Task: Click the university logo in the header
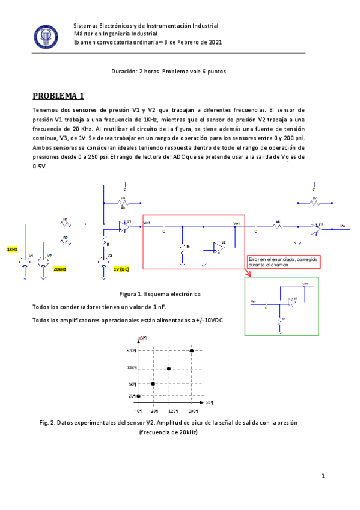pyautogui.click(x=45, y=35)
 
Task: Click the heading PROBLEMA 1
pyautogui.click(x=59, y=96)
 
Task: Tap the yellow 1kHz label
pyautogui.click(x=12, y=249)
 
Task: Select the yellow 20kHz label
pyautogui.click(x=59, y=269)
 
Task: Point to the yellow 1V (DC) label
pyautogui.click(x=121, y=269)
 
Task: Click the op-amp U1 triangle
pyautogui.click(x=125, y=227)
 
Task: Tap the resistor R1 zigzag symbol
pyautogui.click(x=66, y=223)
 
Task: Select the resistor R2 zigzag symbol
pyautogui.click(x=66, y=242)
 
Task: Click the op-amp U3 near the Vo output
pyautogui.click(x=318, y=227)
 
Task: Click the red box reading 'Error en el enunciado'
pyautogui.click(x=283, y=262)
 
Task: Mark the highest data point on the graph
pyautogui.click(x=192, y=351)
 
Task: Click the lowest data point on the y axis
pyautogui.click(x=139, y=395)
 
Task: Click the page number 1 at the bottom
pyautogui.click(x=323, y=476)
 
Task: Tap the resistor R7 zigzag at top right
pyautogui.click(x=314, y=203)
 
